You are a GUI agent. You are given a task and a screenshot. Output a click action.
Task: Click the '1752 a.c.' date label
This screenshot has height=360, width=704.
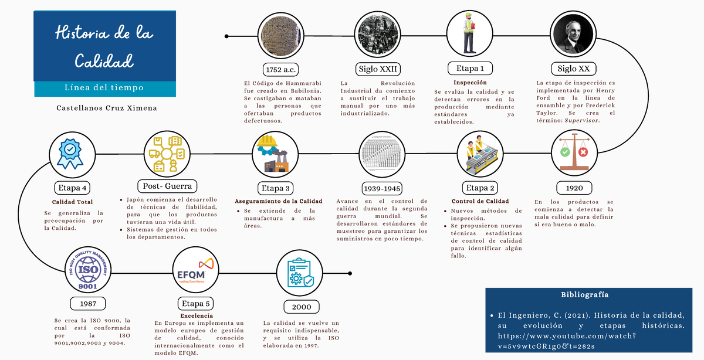click(x=282, y=69)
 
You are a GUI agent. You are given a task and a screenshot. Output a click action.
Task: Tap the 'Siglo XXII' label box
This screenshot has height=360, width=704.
click(x=378, y=69)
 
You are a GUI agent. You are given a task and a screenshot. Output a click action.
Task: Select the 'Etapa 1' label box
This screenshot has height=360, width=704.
click(x=470, y=68)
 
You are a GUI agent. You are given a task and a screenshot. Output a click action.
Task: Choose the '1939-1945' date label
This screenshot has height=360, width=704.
click(x=382, y=189)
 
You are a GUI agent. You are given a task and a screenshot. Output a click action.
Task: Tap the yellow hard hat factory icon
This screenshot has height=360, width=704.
click(x=275, y=152)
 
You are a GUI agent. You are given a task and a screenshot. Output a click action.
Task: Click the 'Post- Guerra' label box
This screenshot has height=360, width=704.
click(x=167, y=186)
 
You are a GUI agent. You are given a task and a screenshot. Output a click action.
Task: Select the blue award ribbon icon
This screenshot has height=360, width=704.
click(x=70, y=152)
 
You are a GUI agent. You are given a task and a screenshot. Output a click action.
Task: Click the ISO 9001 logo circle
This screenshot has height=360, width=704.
click(x=87, y=270)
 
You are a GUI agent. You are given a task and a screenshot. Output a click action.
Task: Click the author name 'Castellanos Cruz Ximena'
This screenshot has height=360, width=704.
click(x=107, y=108)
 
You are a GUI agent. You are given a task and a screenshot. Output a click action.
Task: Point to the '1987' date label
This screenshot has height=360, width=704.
click(x=89, y=303)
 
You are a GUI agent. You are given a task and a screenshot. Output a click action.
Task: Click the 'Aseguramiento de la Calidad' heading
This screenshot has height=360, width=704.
click(x=279, y=201)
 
